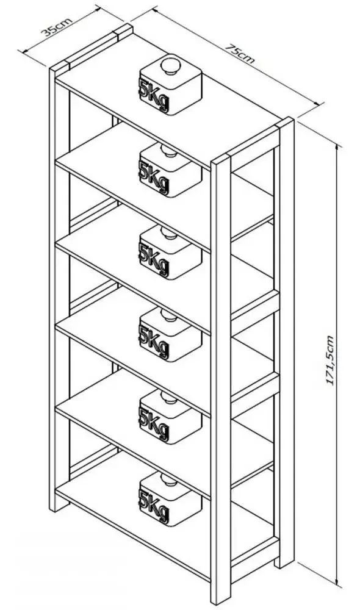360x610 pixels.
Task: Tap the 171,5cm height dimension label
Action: pos(330,360)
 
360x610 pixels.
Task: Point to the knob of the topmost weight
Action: pos(170,65)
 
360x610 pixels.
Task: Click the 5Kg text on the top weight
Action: pos(154,96)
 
